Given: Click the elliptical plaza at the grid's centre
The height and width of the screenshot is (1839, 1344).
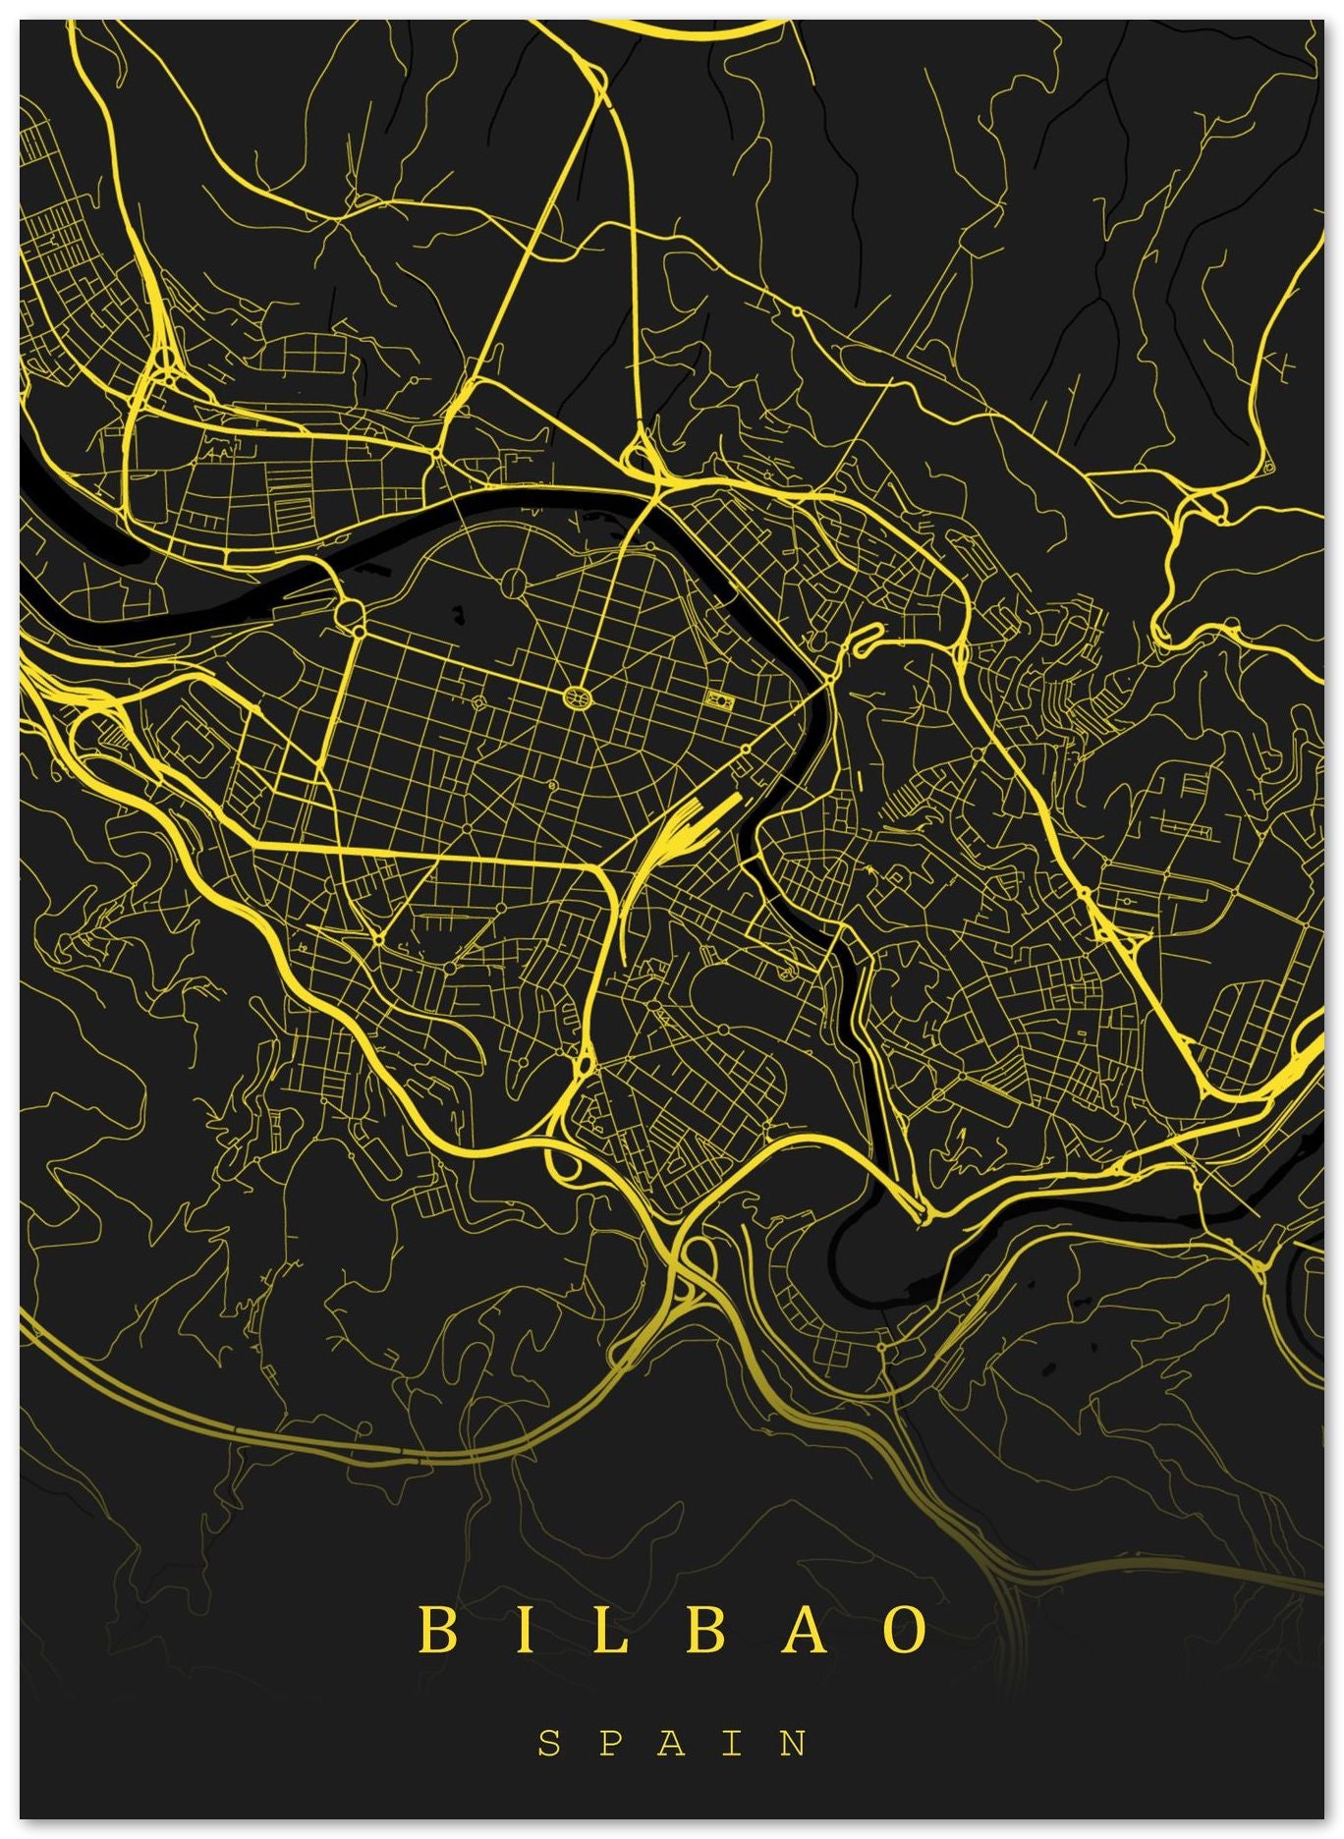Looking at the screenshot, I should click(578, 697).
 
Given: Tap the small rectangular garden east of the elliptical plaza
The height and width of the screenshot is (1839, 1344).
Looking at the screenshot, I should click(720, 700).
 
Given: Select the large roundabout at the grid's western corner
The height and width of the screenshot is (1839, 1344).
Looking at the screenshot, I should click(350, 614).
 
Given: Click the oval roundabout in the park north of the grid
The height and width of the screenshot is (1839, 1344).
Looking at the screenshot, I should click(513, 583).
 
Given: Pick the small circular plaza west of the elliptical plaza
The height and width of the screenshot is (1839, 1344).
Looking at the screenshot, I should click(478, 703).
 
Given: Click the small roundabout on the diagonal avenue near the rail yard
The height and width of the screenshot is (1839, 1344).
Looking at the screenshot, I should click(746, 749).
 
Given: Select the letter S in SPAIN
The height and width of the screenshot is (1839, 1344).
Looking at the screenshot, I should click(549, 1744).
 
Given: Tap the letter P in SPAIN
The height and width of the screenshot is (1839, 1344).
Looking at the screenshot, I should click(611, 1744).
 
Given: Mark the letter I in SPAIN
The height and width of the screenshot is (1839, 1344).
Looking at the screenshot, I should click(733, 1744).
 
